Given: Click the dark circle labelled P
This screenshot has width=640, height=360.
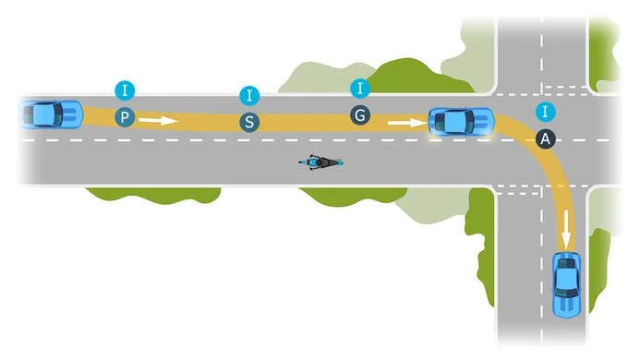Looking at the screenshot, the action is click(125, 117).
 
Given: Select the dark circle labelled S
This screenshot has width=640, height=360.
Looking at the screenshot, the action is click(248, 121).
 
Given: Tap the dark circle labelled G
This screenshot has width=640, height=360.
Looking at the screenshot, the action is click(360, 116).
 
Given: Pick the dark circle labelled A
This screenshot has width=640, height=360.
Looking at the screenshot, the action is click(546, 138).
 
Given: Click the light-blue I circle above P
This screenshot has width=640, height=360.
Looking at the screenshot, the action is click(125, 90).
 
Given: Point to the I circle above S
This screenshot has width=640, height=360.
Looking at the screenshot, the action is click(248, 94).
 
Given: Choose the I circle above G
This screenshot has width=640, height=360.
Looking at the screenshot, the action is click(360, 89).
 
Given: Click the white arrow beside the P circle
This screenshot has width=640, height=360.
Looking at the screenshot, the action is click(158, 119).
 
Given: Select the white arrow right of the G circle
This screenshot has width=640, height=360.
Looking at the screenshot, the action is click(404, 120).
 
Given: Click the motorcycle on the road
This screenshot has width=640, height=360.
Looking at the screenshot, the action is click(320, 162).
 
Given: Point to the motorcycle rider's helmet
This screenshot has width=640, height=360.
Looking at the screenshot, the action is click(314, 162).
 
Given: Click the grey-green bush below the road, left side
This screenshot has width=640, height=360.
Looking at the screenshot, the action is click(152, 195).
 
